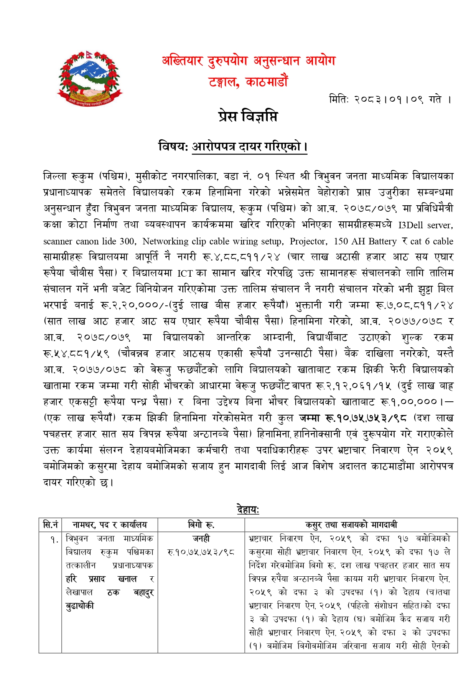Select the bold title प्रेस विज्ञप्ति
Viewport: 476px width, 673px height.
click(x=247, y=116)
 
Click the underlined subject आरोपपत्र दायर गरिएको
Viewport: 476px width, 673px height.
click(x=249, y=147)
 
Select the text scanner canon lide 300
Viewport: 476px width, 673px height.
click(x=89, y=241)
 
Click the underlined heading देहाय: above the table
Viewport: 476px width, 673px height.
click(x=248, y=510)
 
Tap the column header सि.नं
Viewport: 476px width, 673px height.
click(x=50, y=525)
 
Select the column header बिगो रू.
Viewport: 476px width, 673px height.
click(x=201, y=525)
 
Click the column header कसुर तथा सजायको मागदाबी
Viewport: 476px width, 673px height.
click(x=351, y=525)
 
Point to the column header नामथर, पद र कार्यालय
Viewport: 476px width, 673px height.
click(x=110, y=525)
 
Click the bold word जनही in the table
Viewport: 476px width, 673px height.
click(x=201, y=538)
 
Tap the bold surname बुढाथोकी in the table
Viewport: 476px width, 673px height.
click(x=80, y=606)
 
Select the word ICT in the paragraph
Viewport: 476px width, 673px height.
click(x=185, y=274)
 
